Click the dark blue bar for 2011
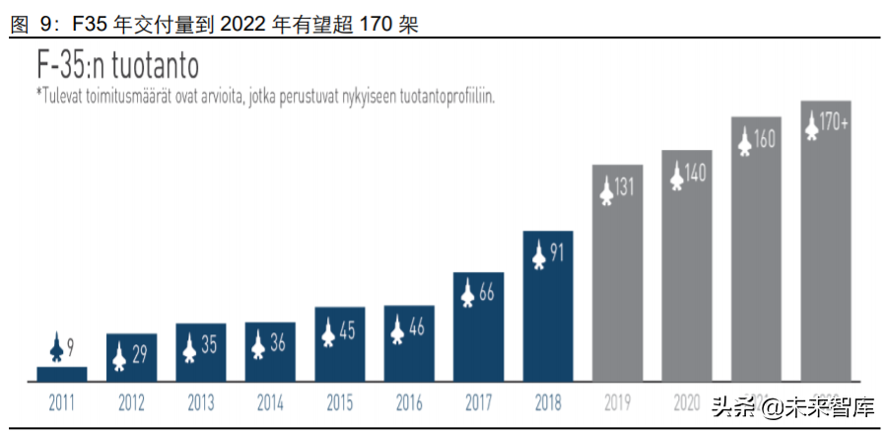pos(62,373)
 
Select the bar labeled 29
pos(131,357)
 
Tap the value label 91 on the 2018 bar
pos(557,253)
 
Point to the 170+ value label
pos(834,124)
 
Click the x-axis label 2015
pos(339,402)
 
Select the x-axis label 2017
pos(478,402)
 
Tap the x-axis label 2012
pos(131,402)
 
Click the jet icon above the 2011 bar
pos(55,347)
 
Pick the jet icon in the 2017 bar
pos(468,293)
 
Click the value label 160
pos(764,140)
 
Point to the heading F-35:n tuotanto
pos(118,66)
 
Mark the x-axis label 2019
pos(616,402)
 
